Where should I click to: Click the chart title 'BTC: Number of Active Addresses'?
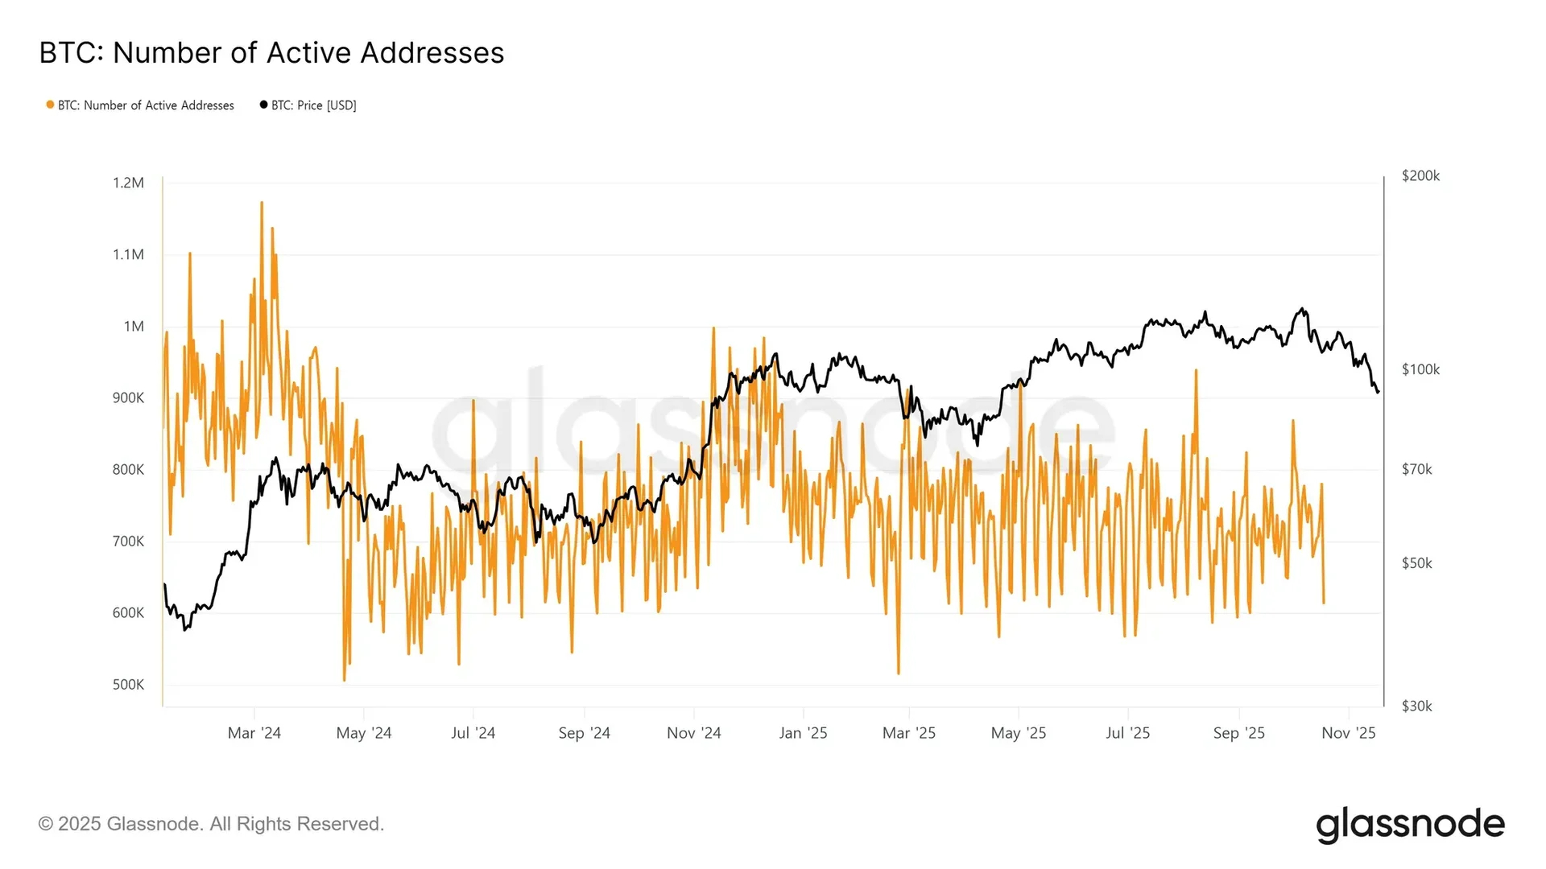click(x=271, y=53)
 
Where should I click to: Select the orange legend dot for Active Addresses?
click(x=50, y=105)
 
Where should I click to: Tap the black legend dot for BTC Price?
click(x=263, y=105)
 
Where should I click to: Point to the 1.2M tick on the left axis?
click(x=128, y=183)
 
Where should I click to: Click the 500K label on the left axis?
click(x=128, y=685)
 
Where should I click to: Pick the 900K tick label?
click(x=128, y=397)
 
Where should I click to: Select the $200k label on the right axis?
click(x=1420, y=175)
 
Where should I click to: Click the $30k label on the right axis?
click(x=1416, y=706)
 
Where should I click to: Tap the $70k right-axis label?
click(x=1416, y=469)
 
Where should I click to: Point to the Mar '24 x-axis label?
click(x=254, y=733)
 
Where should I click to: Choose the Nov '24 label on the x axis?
click(x=693, y=733)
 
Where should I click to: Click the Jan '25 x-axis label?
click(x=803, y=733)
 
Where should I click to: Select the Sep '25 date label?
click(x=1238, y=733)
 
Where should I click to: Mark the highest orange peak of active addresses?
click(x=262, y=203)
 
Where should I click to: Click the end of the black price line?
click(x=1378, y=392)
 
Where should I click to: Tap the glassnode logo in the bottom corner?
click(x=1410, y=825)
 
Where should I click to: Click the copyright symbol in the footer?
click(x=46, y=824)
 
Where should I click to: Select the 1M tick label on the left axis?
click(x=134, y=326)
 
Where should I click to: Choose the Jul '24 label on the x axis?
click(x=473, y=733)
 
